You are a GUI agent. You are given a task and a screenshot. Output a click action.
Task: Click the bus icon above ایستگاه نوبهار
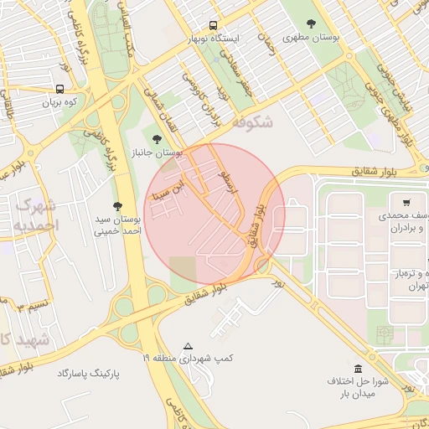[x=213, y=25]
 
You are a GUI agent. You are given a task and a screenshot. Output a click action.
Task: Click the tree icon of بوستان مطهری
[x=312, y=24]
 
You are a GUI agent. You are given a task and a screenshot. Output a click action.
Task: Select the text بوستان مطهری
[x=312, y=39]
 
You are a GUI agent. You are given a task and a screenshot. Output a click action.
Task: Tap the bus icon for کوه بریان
[x=59, y=89]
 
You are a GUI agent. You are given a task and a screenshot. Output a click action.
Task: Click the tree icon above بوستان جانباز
[x=156, y=138]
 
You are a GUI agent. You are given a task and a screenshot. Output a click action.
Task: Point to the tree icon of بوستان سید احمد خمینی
[x=116, y=205]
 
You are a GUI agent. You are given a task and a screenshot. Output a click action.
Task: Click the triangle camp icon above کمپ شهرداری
[x=188, y=345]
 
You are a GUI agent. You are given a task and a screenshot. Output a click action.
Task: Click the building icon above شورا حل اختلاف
[x=358, y=369]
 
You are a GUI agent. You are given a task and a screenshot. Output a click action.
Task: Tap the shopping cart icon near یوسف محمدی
[x=406, y=202]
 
